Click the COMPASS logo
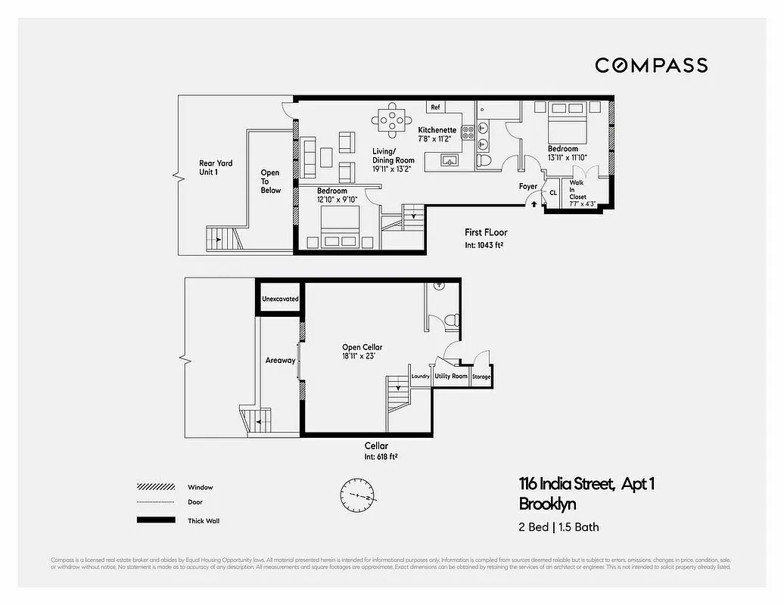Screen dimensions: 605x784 pos(651,65)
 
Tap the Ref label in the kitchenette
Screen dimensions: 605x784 pos(435,107)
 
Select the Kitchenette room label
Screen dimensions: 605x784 pos(437,135)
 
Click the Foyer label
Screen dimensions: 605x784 pos(527,186)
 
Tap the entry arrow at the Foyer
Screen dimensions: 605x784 pos(534,203)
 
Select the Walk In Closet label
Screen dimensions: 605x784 pos(577,192)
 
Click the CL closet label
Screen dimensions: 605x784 pos(553,193)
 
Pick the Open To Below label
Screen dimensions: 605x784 pos(270,181)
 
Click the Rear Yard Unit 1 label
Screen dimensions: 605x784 pos(216,167)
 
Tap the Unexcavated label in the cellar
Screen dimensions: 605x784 pos(280,299)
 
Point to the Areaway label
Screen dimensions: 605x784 pos(280,360)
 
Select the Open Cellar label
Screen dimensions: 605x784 pos(362,351)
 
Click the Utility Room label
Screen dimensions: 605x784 pos(451,376)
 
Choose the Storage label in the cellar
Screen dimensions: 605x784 pos(481,376)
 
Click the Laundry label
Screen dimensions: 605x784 pos(420,376)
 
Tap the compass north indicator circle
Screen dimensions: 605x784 pos(358,496)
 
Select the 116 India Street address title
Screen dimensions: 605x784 pos(586,484)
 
